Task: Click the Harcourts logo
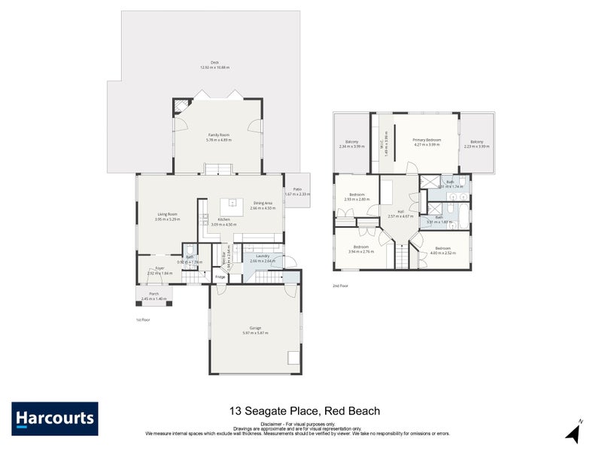[x=54, y=418]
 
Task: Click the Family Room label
[x=218, y=137]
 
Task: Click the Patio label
[x=297, y=192]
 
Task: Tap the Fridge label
[x=220, y=277]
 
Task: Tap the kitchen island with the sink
[x=233, y=202]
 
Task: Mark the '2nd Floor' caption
[x=341, y=286]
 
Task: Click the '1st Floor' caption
[x=144, y=319]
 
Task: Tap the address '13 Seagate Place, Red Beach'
[x=304, y=411]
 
